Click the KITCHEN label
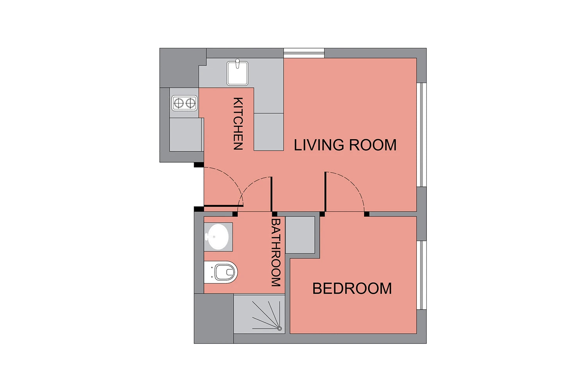(238, 124)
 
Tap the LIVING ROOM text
(345, 145)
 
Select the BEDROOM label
(352, 288)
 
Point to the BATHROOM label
(276, 252)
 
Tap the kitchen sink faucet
(238, 63)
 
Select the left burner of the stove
(179, 103)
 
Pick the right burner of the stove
(191, 103)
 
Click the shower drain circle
(279, 329)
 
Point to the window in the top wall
(304, 53)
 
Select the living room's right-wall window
(422, 135)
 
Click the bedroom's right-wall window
(422, 275)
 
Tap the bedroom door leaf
(325, 192)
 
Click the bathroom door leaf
(272, 194)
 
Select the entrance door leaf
(223, 206)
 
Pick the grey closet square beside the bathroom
(300, 235)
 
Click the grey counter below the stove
(186, 135)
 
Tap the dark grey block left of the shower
(214, 318)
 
